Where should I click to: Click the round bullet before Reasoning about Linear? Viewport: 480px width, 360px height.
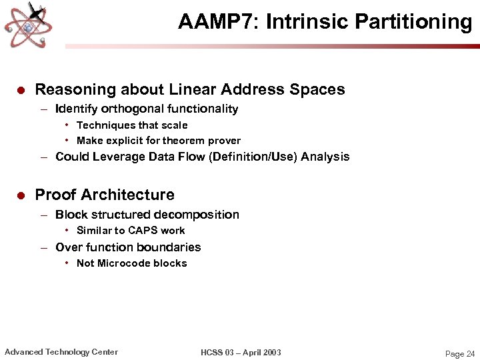coord(21,90)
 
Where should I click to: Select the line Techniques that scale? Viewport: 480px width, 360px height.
coord(132,125)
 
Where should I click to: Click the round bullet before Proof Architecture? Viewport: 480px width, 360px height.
coord(21,195)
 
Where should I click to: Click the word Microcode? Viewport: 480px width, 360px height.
coord(123,263)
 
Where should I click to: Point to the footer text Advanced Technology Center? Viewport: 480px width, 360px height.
coord(61,352)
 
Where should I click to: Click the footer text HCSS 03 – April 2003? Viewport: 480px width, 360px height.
coord(241,352)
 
